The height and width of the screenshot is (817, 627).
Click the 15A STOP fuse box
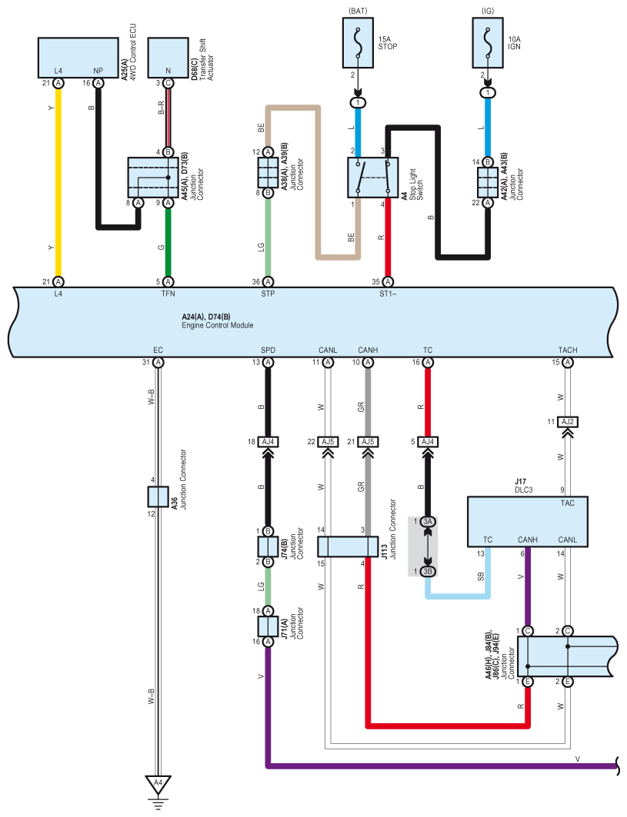coord(358,43)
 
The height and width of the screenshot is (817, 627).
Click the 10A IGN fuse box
coord(488,43)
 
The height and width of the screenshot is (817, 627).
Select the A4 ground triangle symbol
coord(158,784)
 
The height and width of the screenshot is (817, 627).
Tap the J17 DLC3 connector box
coord(527,522)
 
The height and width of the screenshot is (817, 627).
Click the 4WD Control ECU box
coord(78,58)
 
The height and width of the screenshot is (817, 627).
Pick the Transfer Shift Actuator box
coord(168,58)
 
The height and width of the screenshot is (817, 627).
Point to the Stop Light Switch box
coord(373,178)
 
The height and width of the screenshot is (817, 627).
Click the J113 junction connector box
coord(348,547)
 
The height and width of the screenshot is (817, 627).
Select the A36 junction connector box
coord(158,497)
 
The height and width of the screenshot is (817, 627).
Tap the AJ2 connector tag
coord(568,421)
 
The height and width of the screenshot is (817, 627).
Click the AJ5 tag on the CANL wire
coord(328,442)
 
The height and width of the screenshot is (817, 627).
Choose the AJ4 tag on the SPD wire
coord(268,442)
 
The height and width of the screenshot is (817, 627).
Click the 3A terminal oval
coord(428,522)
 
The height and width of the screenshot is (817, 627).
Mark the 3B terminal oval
coord(428,572)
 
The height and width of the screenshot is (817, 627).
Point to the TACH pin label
coord(568,350)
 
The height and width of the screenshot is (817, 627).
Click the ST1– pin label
coord(388,294)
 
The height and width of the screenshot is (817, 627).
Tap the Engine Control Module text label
coord(218,325)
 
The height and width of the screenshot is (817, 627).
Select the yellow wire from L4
coord(58,182)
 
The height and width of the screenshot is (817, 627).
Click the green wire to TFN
coord(168,242)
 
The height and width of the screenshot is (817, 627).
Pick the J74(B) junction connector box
coord(268,546)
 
